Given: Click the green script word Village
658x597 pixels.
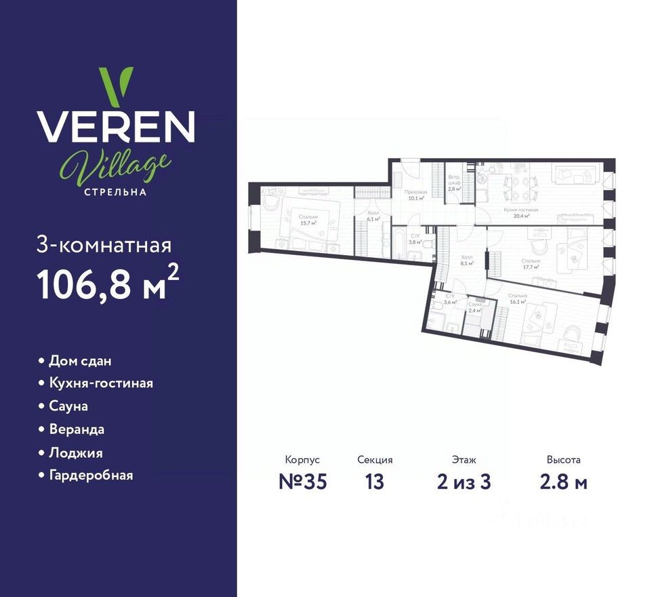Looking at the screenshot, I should coord(115,163).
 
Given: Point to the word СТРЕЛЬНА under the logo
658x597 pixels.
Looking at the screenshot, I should coord(115,191).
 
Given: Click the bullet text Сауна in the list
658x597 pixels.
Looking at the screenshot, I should coord(68,406).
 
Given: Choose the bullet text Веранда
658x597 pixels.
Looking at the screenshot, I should coord(77,429).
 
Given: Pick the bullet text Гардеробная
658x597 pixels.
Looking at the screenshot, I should coord(91,475).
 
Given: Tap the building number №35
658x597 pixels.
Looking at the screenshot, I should coord(303,482).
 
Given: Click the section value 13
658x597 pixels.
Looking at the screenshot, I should coord(375,482).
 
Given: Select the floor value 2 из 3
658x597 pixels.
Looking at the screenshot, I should coord(464,482).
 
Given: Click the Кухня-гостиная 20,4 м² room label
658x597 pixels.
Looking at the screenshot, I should coord(520,214).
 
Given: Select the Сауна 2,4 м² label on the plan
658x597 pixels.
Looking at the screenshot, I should coord(475,307).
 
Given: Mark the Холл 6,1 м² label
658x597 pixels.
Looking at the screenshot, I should coord(372,216).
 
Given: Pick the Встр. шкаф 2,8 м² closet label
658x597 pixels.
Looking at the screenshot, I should coord(455,184).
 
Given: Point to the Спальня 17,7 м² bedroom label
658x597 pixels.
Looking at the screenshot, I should coord(531,264).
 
